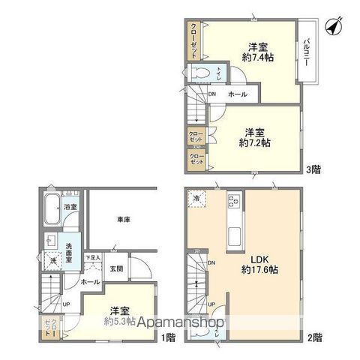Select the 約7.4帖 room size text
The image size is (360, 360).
point(255,56)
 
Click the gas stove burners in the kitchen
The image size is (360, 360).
point(232,201)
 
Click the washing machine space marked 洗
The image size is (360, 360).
point(53,259)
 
